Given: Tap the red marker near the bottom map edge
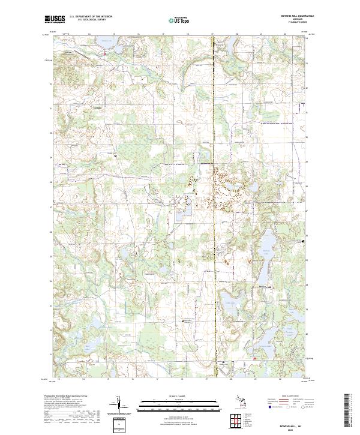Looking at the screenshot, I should (254, 359).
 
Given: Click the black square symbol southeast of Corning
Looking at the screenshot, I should (115, 155).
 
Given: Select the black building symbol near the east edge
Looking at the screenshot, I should (303, 241).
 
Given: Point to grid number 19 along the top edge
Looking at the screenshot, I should (212, 35).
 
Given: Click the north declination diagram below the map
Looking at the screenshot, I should (118, 407).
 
